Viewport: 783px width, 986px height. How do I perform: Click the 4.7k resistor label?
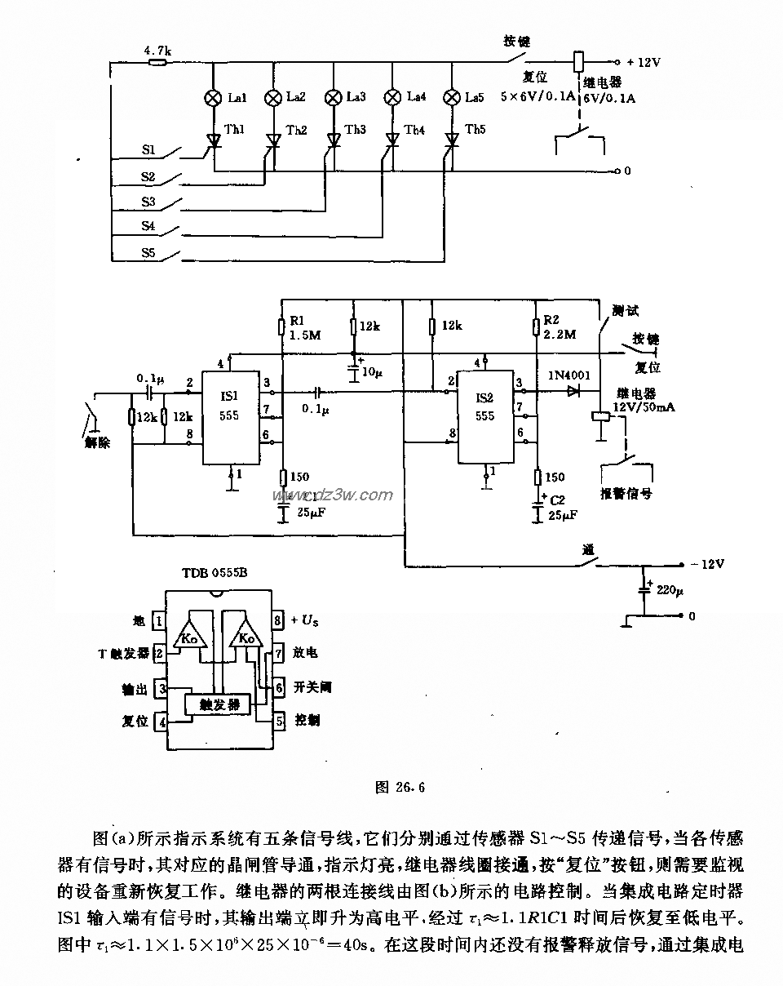[157, 50]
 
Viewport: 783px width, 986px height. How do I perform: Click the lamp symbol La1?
[213, 98]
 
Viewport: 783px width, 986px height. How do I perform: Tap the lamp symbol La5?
[452, 98]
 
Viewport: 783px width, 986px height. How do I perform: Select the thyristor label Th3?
[355, 130]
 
